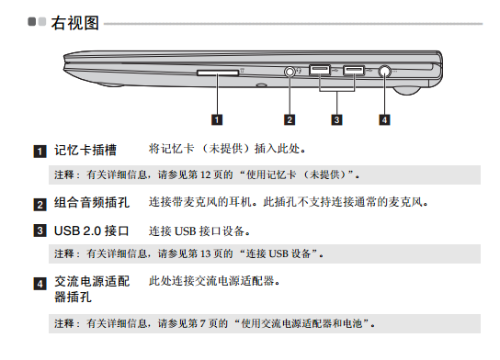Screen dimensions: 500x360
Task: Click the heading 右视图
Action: point(75,23)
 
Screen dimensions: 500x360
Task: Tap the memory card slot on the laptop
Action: point(218,73)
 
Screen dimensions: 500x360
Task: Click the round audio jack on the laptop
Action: point(290,72)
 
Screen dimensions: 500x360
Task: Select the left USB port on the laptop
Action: point(320,70)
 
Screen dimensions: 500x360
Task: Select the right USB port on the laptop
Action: point(354,70)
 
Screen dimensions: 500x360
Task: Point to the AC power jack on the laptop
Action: point(385,72)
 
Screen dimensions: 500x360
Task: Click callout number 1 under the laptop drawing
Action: point(217,119)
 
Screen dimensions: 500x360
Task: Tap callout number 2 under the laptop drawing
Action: point(290,119)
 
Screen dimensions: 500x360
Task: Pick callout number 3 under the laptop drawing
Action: point(336,119)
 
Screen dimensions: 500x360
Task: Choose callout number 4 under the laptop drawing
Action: point(384,119)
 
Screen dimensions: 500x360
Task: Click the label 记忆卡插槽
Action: point(85,150)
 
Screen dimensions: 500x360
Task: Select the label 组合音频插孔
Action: point(92,203)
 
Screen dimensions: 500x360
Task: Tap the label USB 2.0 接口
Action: point(92,231)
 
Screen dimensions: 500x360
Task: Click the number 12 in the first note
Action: point(205,174)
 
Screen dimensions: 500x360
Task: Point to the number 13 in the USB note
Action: point(205,253)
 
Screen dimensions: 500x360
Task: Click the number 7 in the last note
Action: point(202,323)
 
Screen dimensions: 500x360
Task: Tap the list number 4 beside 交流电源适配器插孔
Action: point(40,284)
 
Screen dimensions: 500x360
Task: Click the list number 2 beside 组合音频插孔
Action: point(40,205)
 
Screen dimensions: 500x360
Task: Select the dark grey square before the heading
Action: point(31,22)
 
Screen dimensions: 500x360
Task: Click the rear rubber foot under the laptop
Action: point(406,91)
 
